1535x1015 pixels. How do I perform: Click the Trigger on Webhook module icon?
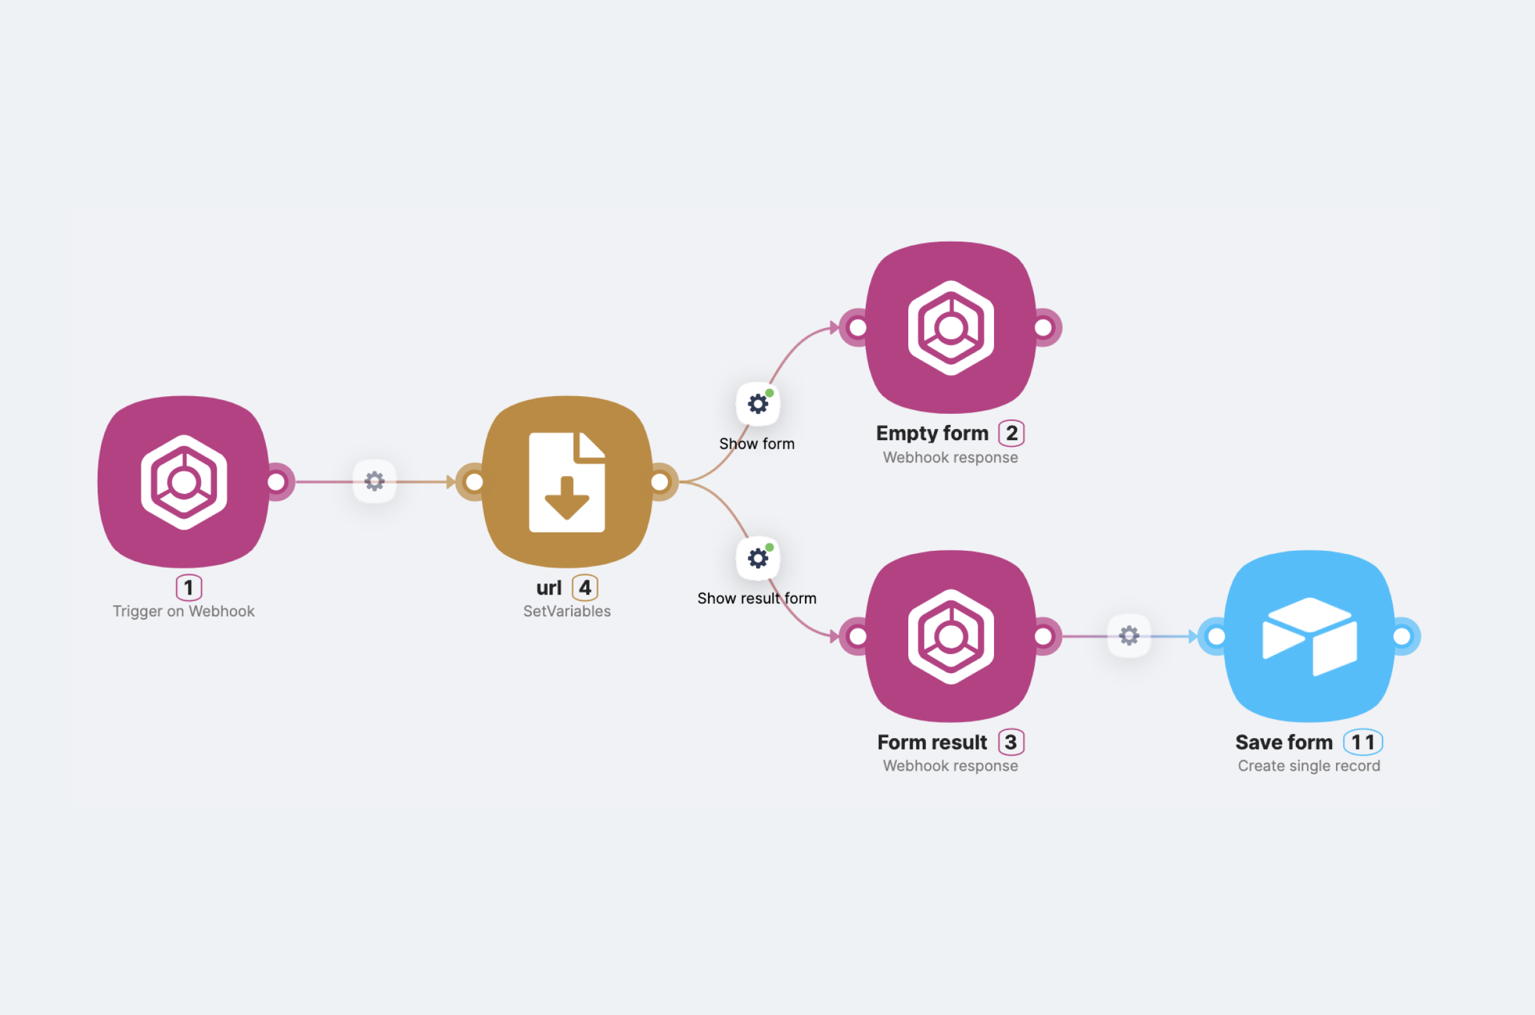point(184,482)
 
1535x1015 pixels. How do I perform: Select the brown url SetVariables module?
point(567,482)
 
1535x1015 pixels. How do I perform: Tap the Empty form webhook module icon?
point(951,327)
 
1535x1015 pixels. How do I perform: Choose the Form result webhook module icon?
point(951,637)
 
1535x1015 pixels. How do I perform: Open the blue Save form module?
point(1310,637)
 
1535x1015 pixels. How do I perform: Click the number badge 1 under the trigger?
point(189,587)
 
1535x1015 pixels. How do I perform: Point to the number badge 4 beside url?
point(585,587)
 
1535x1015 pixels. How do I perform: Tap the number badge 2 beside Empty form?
point(1011,433)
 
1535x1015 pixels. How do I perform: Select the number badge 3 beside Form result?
point(1011,742)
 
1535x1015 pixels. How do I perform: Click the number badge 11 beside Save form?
point(1363,742)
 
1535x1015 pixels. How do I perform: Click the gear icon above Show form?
point(758,403)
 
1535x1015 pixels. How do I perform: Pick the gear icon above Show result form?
point(758,558)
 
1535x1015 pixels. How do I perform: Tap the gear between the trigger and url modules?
point(375,481)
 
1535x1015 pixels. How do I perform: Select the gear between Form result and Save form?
point(1129,635)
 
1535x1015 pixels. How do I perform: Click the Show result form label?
point(757,598)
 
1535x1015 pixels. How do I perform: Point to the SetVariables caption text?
point(567,611)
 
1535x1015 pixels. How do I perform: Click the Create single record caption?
point(1309,766)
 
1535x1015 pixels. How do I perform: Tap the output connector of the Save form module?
point(1402,636)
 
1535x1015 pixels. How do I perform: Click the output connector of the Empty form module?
point(1044,327)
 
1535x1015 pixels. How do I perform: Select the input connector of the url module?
point(474,482)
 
